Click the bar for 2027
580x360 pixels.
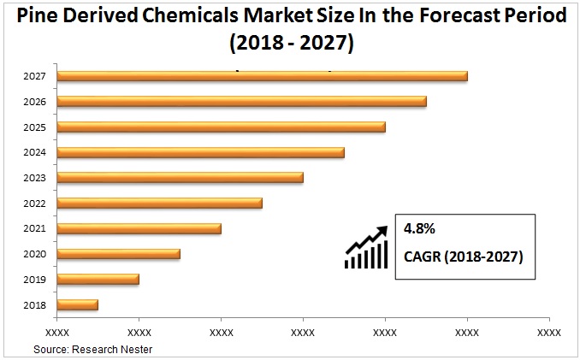point(262,76)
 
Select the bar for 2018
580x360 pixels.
point(77,304)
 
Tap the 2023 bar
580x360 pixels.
point(180,178)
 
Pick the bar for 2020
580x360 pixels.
point(118,254)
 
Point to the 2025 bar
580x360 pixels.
point(221,127)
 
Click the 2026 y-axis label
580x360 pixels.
point(35,102)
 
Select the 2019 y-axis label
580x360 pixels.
point(35,280)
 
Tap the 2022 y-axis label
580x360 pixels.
point(35,204)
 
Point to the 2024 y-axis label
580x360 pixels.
point(35,153)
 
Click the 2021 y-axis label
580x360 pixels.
point(35,229)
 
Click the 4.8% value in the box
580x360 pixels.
point(420,229)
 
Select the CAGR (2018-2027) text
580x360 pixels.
point(463,256)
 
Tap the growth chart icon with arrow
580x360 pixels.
point(366,247)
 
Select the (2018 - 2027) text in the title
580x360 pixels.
point(291,41)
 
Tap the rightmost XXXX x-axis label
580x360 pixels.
point(548,332)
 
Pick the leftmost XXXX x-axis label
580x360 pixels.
point(57,332)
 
